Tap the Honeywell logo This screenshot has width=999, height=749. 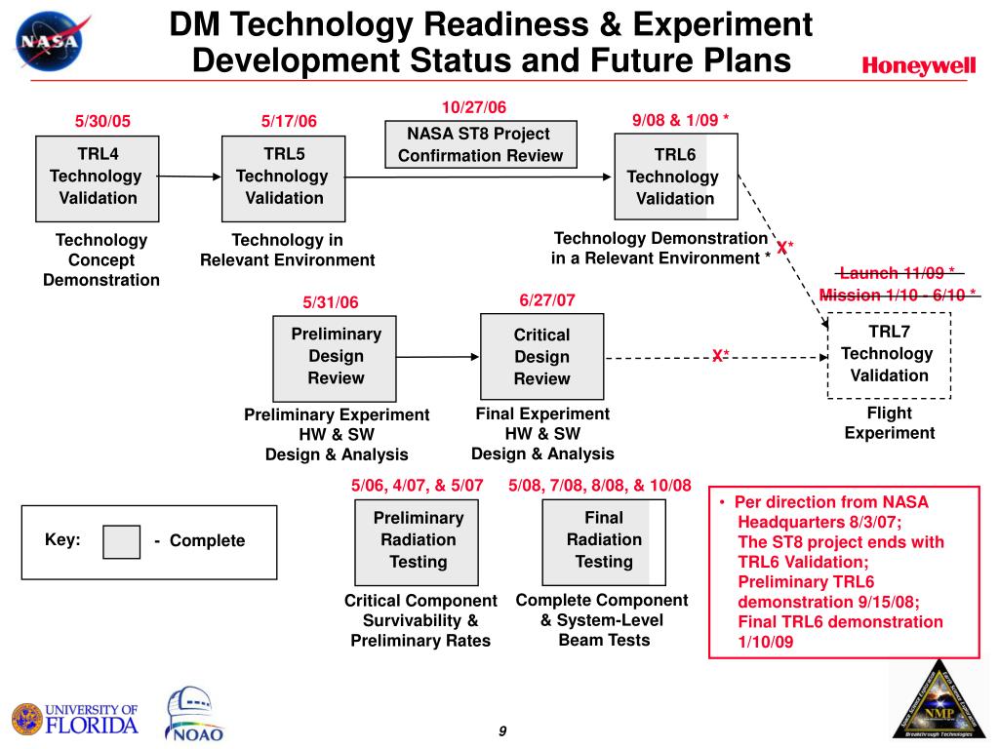918,65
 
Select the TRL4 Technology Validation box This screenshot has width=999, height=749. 96,177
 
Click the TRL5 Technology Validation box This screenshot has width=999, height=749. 282,177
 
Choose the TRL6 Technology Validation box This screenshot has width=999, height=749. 675,177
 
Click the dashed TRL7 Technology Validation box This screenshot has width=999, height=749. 888,354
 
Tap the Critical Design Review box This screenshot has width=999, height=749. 541,357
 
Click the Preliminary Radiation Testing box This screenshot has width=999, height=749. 418,540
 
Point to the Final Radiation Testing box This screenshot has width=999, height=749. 604,540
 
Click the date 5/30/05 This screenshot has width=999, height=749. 102,121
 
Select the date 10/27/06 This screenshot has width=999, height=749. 474,106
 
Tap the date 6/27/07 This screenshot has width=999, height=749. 547,300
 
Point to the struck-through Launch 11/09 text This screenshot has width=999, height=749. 897,273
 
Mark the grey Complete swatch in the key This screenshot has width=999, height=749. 122,541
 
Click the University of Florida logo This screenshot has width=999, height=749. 75,718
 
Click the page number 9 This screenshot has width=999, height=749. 501,732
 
